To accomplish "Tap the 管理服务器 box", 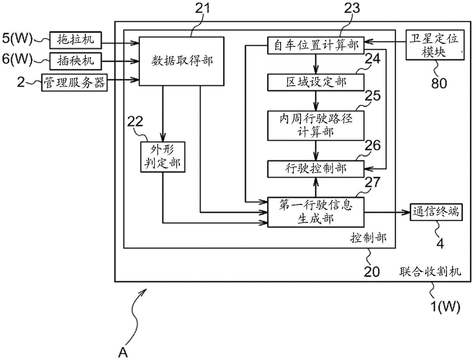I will (x=75, y=81).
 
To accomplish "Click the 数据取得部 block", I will (x=182, y=61).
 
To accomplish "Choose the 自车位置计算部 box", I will (x=316, y=45).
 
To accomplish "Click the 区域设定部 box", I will (x=316, y=82).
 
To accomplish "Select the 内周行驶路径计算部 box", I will (x=316, y=125).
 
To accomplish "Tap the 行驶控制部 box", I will (x=316, y=168).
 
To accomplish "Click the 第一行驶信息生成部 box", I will (x=316, y=211).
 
